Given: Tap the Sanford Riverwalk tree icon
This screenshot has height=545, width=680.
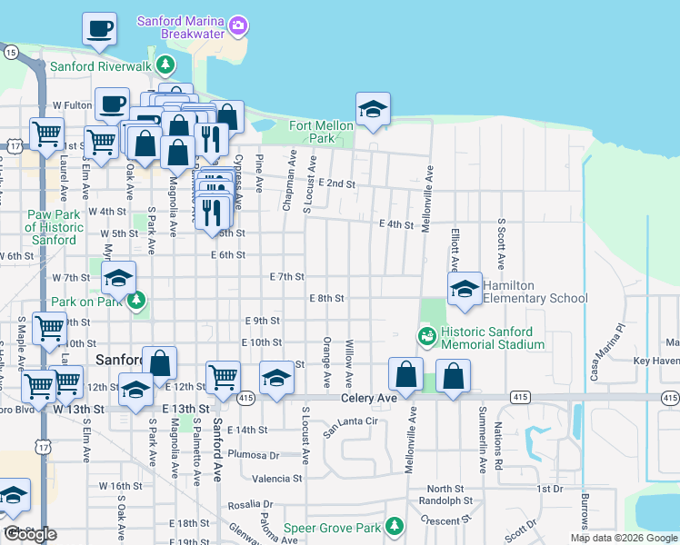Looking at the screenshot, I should pyautogui.click(x=165, y=64).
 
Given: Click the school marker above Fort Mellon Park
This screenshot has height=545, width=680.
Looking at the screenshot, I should pyautogui.click(x=373, y=110).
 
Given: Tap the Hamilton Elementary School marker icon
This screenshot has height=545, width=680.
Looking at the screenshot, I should pyautogui.click(x=465, y=290).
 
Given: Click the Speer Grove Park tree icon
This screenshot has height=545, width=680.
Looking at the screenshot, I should pyautogui.click(x=394, y=527).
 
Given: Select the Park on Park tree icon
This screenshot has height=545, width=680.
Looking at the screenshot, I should pyautogui.click(x=137, y=300).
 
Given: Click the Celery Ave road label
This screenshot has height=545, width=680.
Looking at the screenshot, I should pyautogui.click(x=369, y=399).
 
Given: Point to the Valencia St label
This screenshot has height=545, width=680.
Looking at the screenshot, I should pyautogui.click(x=276, y=479).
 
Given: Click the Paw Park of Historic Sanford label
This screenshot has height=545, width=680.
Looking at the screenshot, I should pyautogui.click(x=50, y=227).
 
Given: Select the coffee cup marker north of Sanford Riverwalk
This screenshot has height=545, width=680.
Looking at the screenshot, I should pyautogui.click(x=99, y=29).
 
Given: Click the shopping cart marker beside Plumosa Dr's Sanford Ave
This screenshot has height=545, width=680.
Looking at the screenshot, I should pyautogui.click(x=223, y=377).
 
